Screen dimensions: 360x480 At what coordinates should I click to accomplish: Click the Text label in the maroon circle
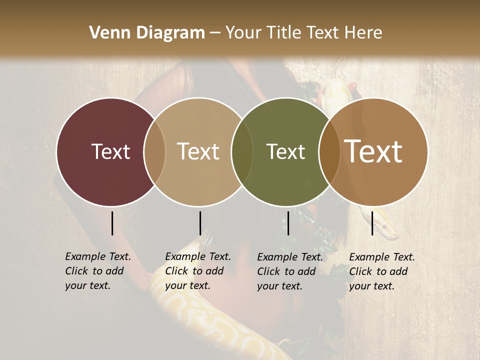(x=110, y=151)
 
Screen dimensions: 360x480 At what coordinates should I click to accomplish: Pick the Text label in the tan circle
(x=198, y=151)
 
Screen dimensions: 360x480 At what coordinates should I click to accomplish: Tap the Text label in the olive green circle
(x=285, y=151)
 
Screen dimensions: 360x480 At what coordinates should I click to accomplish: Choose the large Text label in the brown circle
(x=373, y=151)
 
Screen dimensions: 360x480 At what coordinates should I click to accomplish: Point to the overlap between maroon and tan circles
(x=154, y=151)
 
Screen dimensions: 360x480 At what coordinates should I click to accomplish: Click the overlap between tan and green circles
(x=242, y=151)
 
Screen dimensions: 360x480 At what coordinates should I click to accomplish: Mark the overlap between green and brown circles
(x=329, y=151)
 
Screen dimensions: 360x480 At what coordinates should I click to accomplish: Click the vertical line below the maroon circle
(x=112, y=223)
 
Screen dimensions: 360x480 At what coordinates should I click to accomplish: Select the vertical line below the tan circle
(x=200, y=223)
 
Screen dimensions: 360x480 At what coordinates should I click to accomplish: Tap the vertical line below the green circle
(x=288, y=223)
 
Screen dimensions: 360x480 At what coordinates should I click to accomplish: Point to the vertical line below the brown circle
(x=372, y=223)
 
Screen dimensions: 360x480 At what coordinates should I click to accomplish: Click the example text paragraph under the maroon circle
(x=97, y=271)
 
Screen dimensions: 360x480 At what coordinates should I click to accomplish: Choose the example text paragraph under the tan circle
(x=197, y=271)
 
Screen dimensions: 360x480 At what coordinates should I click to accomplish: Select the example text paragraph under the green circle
(x=289, y=271)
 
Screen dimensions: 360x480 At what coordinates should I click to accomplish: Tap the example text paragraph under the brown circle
(x=381, y=271)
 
